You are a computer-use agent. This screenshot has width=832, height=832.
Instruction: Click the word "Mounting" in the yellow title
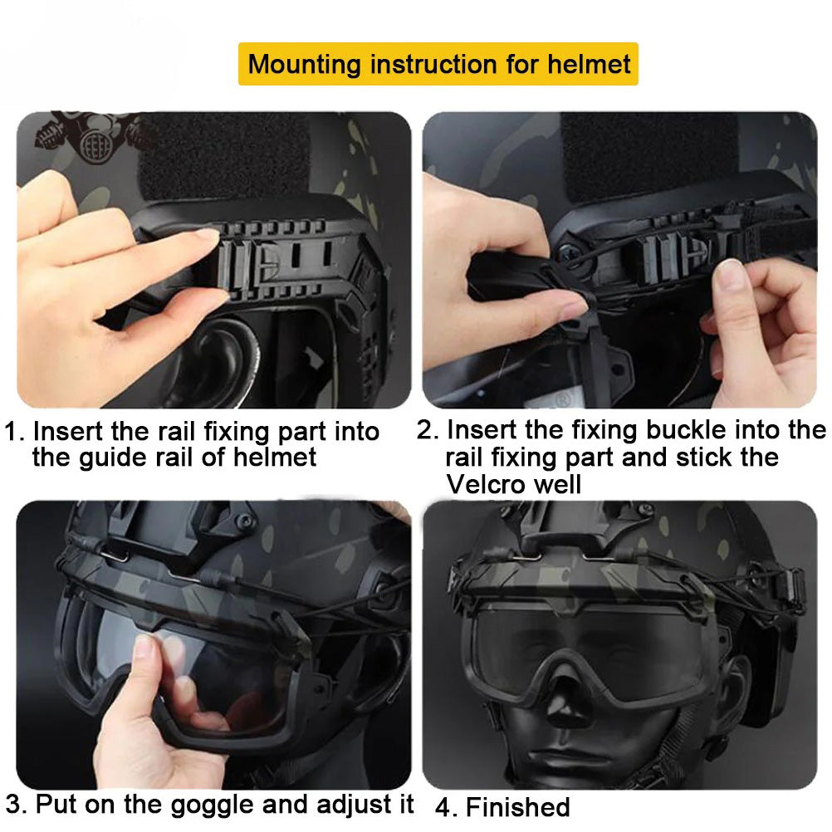tap(304, 65)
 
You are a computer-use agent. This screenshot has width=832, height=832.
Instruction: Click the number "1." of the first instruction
tap(15, 432)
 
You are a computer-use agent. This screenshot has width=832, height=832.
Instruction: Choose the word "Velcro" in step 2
tap(487, 484)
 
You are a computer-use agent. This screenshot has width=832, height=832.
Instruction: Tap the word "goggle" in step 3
tap(213, 805)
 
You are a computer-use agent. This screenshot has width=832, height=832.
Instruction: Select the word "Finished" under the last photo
tap(517, 808)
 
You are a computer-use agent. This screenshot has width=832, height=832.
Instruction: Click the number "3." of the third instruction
tap(16, 805)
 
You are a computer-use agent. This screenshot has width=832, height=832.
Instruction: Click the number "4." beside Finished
tap(448, 808)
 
